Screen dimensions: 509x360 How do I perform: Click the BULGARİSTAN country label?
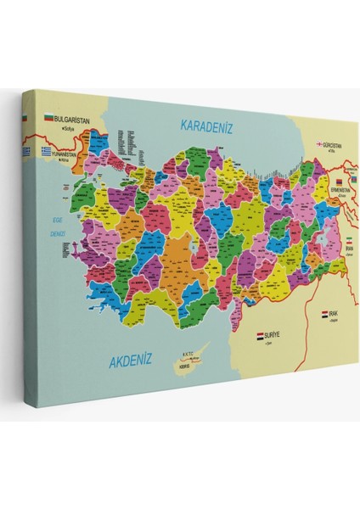click(72, 120)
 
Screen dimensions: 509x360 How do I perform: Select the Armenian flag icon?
click(340, 182)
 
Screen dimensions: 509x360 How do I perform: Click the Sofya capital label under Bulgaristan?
click(59, 130)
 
